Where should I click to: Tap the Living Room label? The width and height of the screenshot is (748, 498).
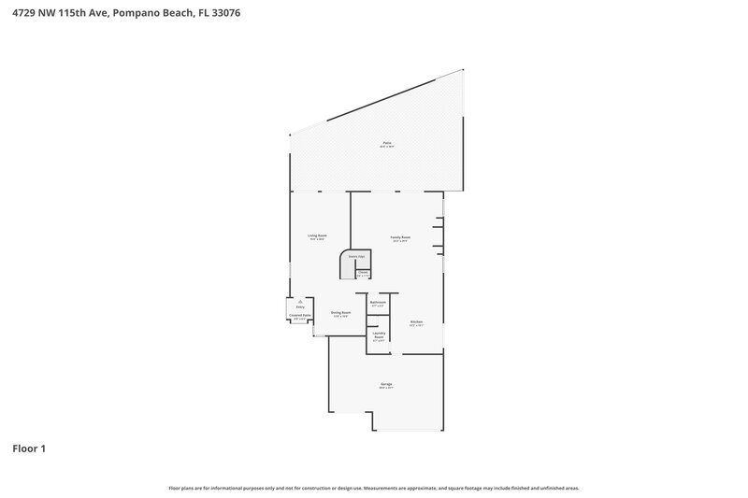pos(317,235)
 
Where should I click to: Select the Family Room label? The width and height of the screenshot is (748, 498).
pos(400,237)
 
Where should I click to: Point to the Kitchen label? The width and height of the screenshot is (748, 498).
pos(416,321)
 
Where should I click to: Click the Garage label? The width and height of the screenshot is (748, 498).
pos(386,384)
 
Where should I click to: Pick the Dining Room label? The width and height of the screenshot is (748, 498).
pos(340,312)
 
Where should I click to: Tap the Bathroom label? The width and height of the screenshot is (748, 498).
pos(379,302)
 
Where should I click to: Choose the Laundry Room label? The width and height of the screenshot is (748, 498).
pos(379,334)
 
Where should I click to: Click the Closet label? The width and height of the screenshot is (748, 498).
pos(363,273)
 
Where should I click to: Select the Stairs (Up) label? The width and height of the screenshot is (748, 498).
pos(356,255)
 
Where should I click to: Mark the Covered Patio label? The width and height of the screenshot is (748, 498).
pos(300,316)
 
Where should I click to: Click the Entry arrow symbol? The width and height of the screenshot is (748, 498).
pos(300,301)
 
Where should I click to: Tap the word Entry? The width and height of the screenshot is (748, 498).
pos(300,306)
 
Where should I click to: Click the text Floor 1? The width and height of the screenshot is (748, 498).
pos(29,448)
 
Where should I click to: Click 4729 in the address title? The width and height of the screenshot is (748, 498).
pos(23,13)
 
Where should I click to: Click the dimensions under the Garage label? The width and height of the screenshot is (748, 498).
pos(386,389)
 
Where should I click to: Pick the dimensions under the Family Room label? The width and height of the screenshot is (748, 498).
pos(400,242)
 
